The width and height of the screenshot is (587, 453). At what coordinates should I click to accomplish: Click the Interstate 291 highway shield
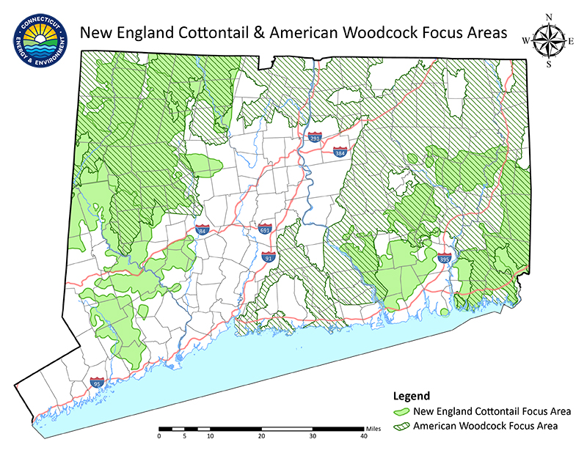tap(313, 137)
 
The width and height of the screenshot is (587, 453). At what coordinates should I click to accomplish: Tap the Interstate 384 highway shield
tap(340, 152)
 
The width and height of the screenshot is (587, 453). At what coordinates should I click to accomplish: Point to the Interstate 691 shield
tap(265, 229)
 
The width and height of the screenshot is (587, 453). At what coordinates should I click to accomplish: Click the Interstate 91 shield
tap(269, 257)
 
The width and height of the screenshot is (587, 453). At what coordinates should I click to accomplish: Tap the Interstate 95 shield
tap(96, 382)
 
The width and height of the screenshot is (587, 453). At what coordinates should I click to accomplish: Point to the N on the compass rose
tap(548, 17)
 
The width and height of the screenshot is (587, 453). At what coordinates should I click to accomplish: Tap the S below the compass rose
tap(548, 65)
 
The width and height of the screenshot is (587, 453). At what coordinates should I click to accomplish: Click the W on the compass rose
tap(525, 41)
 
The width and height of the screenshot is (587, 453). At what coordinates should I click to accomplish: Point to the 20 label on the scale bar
tap(262, 436)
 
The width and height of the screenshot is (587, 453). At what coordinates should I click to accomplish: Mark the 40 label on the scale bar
tap(364, 436)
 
